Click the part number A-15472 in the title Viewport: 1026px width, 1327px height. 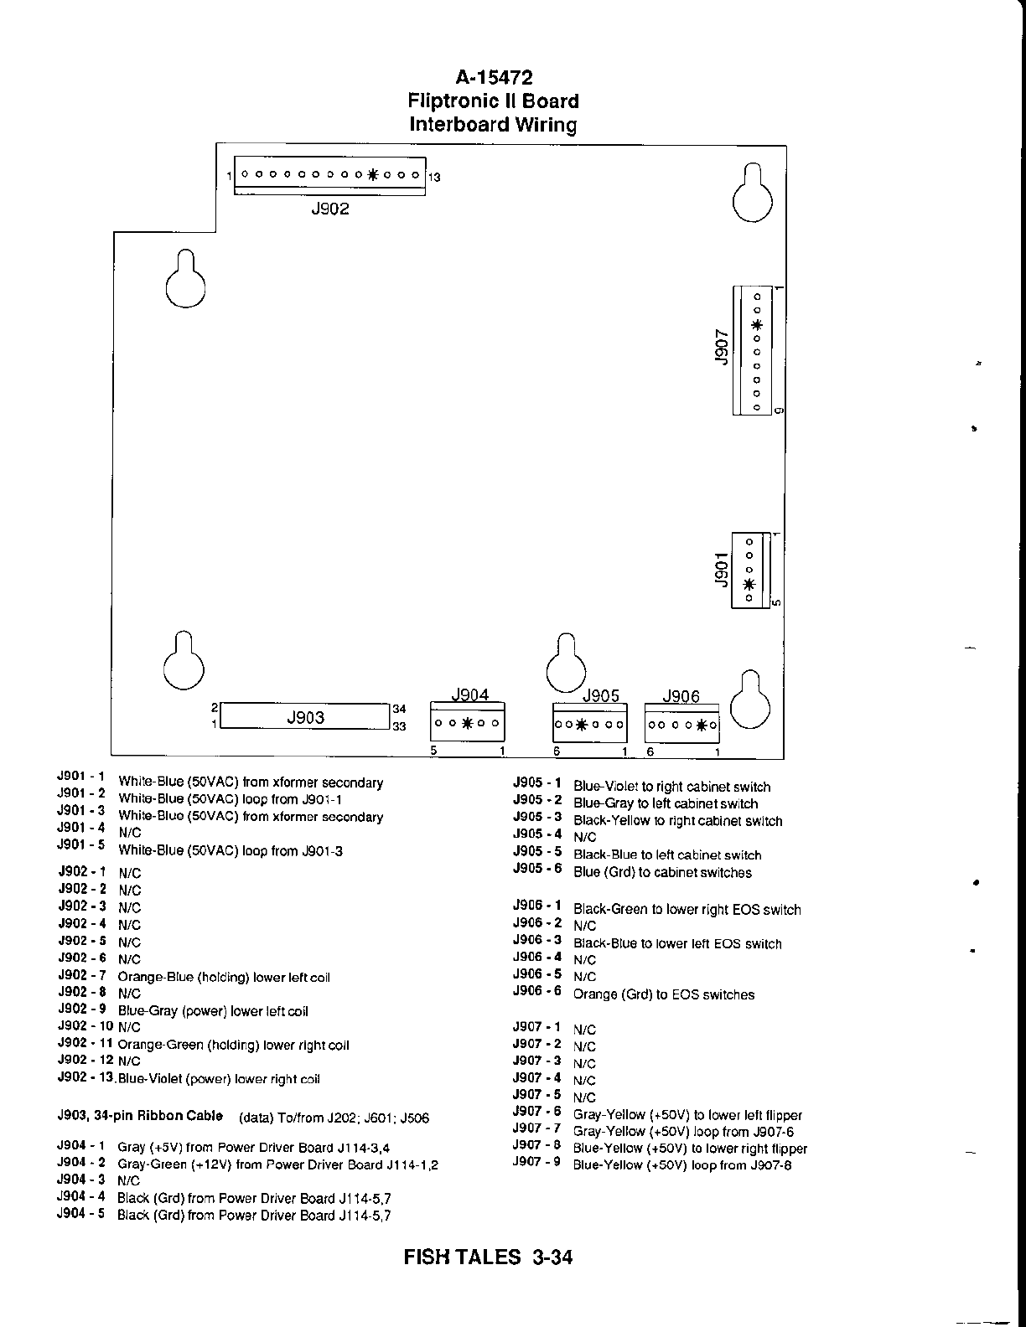494,78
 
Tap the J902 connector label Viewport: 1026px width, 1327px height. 329,209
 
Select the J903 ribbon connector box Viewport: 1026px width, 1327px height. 305,717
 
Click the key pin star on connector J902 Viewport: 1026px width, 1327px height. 373,175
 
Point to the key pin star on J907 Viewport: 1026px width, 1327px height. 757,325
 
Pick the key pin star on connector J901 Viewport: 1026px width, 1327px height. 749,584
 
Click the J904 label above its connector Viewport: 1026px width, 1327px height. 469,694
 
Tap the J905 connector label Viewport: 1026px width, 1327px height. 600,696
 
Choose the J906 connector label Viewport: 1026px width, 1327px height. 681,696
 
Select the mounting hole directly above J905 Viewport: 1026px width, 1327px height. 567,664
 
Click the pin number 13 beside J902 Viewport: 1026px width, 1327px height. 434,178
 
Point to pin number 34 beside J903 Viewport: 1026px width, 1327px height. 399,710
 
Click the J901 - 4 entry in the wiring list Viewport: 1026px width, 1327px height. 81,828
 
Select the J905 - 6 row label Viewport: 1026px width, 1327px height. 537,869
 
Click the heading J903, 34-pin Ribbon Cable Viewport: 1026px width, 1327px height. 140,1116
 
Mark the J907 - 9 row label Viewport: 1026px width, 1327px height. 537,1162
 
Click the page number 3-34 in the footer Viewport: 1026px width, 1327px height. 552,1257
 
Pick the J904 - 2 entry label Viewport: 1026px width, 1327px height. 81,1163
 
